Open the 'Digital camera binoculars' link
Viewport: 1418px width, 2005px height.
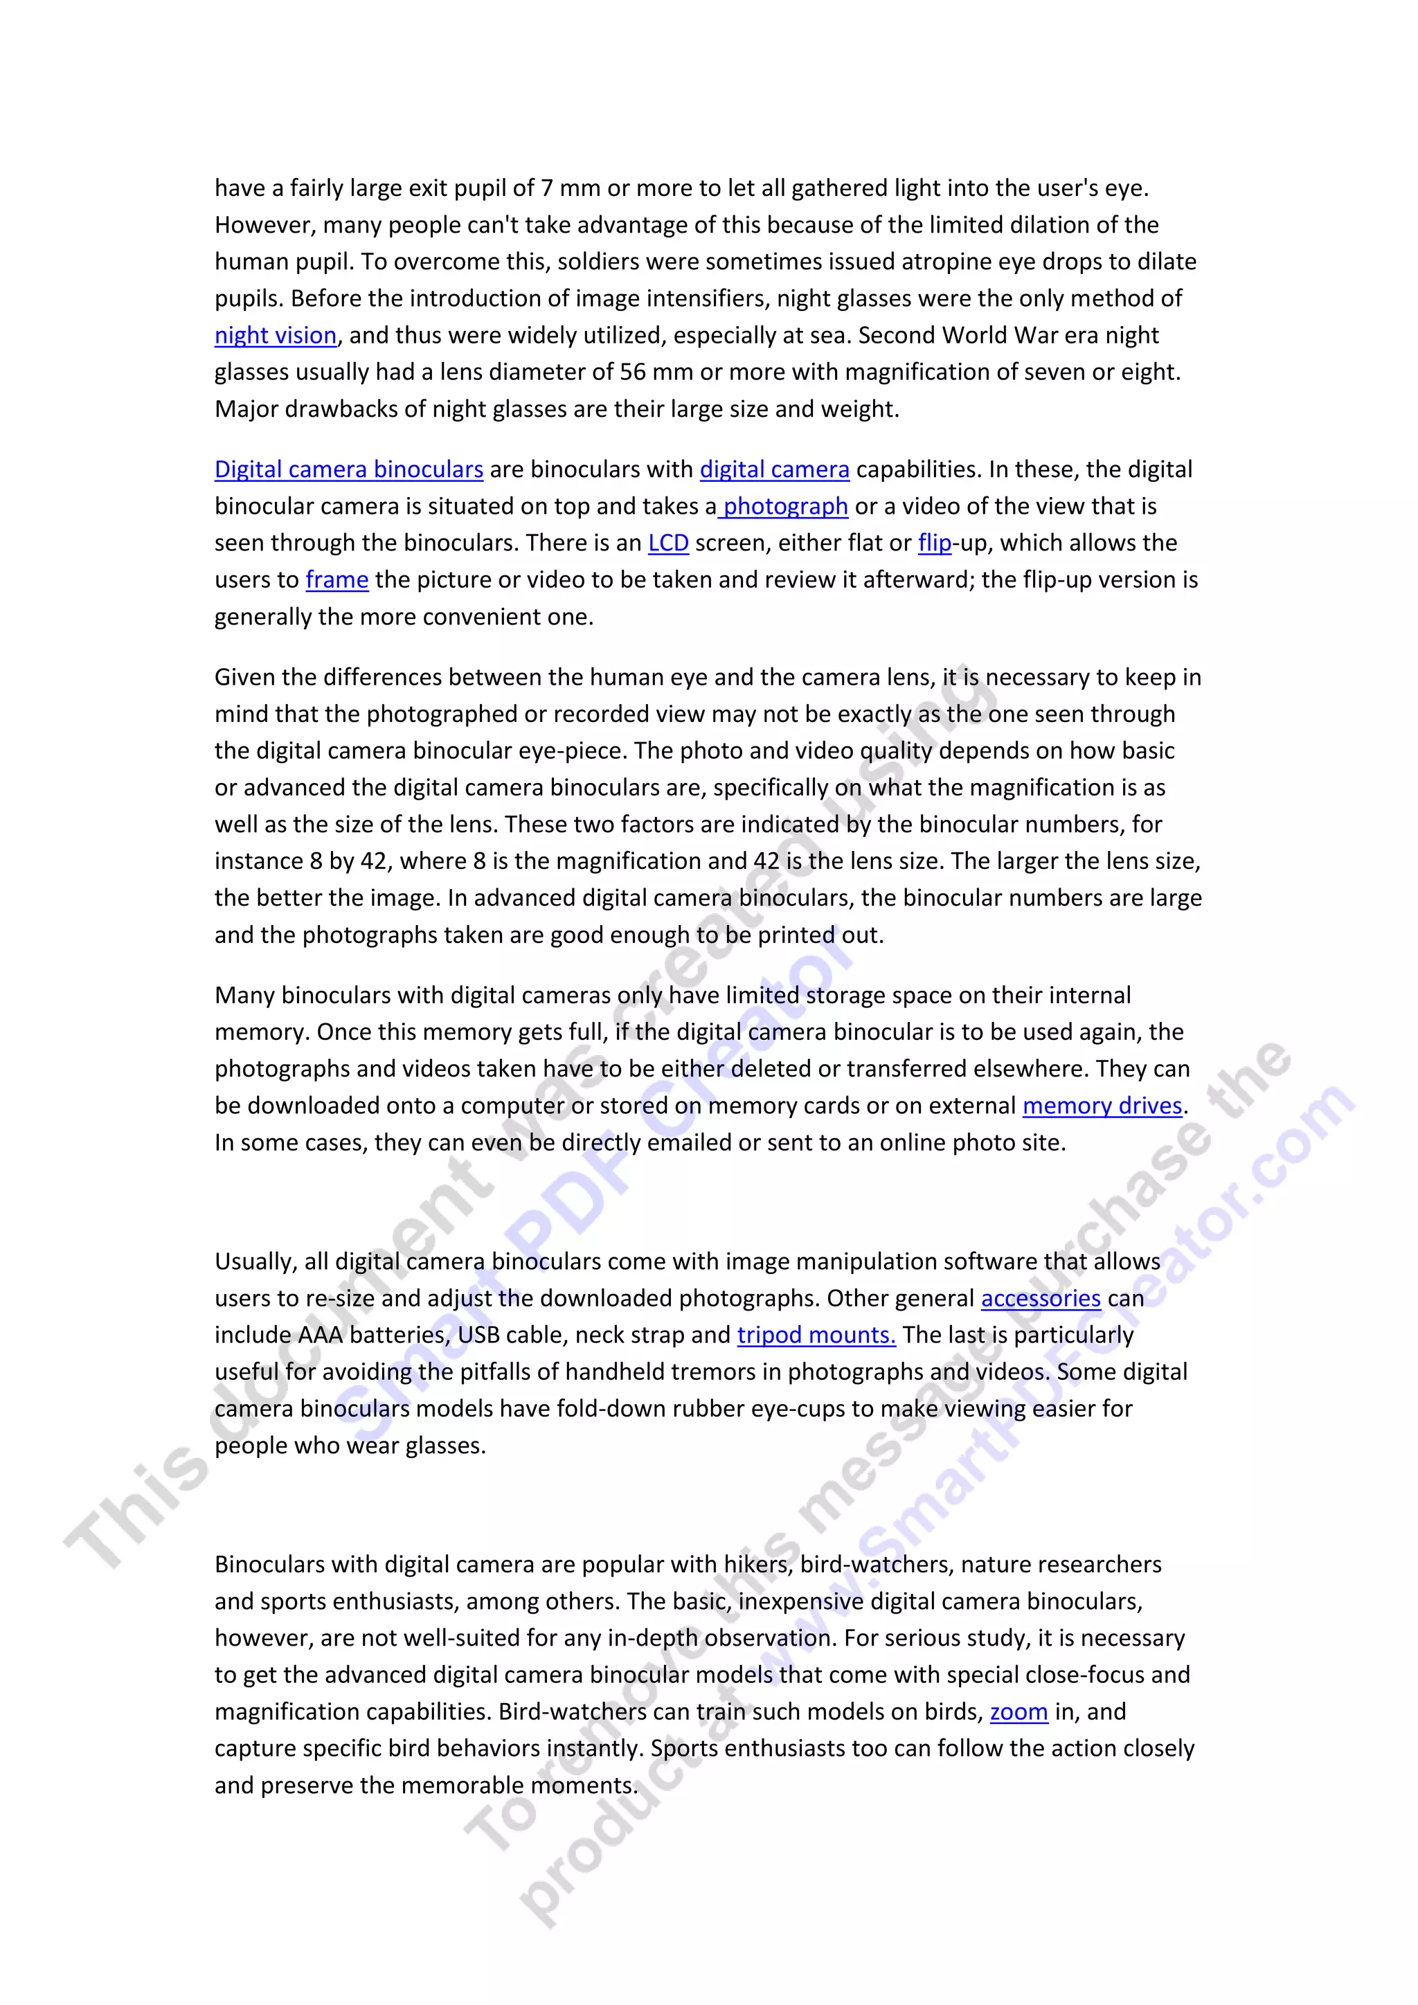pos(348,470)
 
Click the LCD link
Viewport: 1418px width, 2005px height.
pos(668,543)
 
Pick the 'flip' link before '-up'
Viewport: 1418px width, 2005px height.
pos(934,543)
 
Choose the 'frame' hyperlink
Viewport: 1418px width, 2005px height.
pos(336,580)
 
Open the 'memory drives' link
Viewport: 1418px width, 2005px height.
pos(1102,1106)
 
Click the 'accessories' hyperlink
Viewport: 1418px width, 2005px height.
pos(1040,1299)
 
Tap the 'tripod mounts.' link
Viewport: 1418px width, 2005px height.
pos(816,1336)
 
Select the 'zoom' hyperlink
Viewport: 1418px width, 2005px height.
pos(1018,1711)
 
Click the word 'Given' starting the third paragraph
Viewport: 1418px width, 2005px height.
pos(244,678)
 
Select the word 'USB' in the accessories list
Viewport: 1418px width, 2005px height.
pos(478,1336)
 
